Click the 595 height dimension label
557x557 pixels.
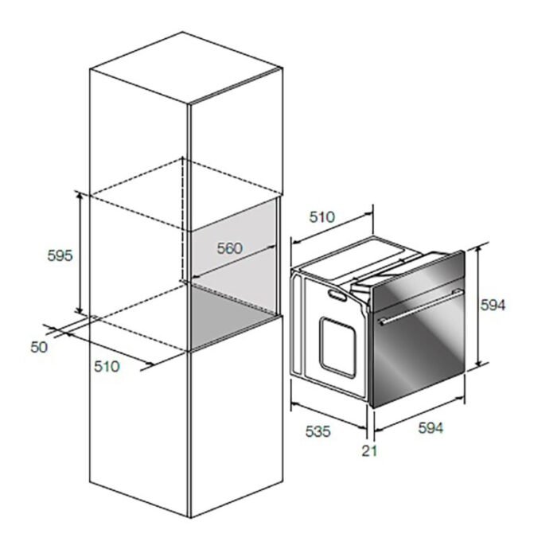click(60, 255)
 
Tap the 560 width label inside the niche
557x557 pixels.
click(230, 248)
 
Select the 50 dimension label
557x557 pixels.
click(39, 347)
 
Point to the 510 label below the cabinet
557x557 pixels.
click(107, 366)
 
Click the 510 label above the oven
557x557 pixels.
click(321, 216)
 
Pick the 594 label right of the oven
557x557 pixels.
click(493, 305)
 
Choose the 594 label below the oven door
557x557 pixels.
click(431, 428)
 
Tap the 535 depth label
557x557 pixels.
click(318, 431)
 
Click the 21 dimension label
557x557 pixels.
click(369, 451)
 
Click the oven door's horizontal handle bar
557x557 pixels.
click(421, 307)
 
